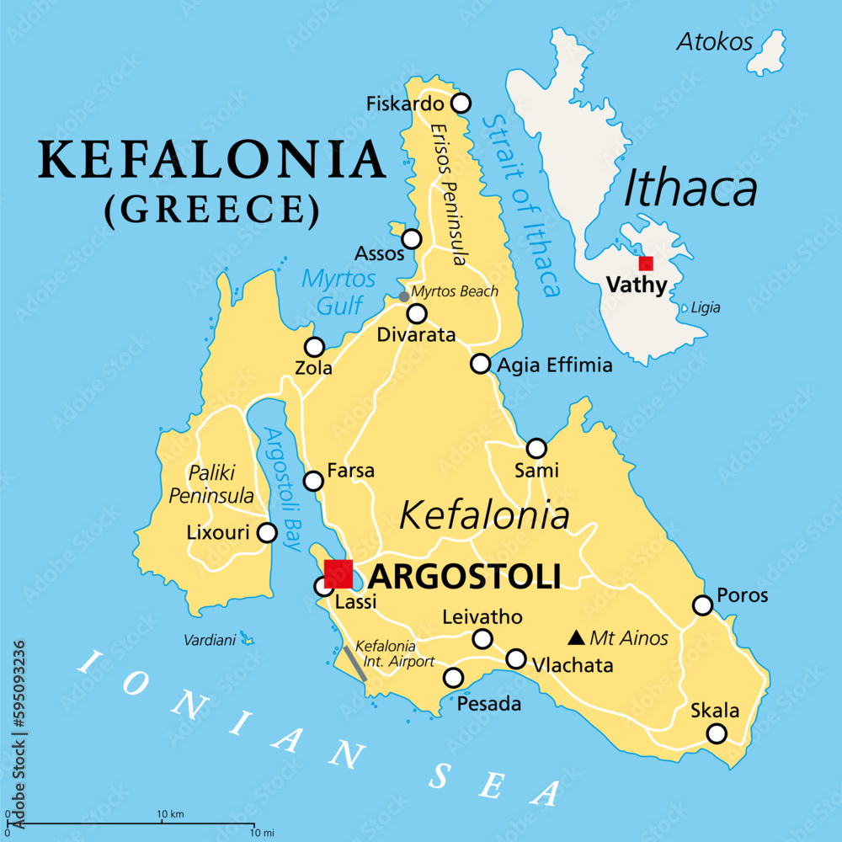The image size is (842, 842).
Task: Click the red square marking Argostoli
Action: [x=338, y=573]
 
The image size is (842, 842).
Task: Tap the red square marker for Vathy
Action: [x=646, y=263]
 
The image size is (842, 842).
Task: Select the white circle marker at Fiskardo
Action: [x=461, y=104]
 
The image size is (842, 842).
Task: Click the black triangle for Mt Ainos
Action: [x=578, y=637]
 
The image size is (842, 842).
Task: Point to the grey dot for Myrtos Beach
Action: [x=404, y=296]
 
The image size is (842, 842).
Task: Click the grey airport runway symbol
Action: [x=354, y=663]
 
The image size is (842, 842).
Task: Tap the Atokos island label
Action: [x=715, y=41]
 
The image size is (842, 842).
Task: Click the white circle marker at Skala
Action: [x=716, y=733]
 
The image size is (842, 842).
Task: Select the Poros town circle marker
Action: [x=702, y=605]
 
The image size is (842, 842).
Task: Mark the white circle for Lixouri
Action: [x=267, y=532]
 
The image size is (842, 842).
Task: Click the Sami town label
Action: [x=540, y=471]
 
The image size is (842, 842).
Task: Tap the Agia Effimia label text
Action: [x=555, y=365]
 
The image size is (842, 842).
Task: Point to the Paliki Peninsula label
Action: [x=211, y=483]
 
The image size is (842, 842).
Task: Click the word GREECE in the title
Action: [x=212, y=210]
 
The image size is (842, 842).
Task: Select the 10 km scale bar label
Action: [x=171, y=814]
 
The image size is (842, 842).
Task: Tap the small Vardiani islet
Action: [x=247, y=638]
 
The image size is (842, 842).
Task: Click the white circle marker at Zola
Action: [x=314, y=347]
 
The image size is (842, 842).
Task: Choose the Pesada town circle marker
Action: [x=453, y=677]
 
